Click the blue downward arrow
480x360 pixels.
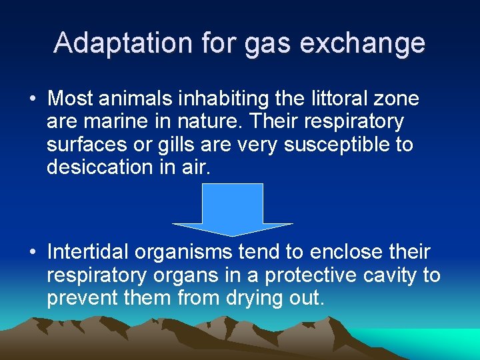pos(232,209)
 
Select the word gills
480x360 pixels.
pos(178,145)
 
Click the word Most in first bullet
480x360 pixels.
pos(71,99)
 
